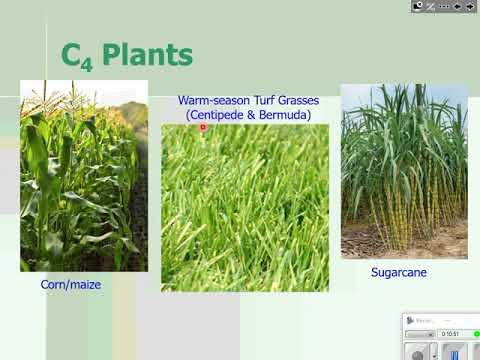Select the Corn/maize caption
(71, 285)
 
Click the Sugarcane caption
(400, 271)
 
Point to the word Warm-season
(211, 101)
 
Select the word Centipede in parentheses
(222, 115)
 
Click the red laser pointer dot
(203, 127)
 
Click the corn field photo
(84, 175)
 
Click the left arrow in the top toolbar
(456, 6)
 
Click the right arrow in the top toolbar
(470, 6)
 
